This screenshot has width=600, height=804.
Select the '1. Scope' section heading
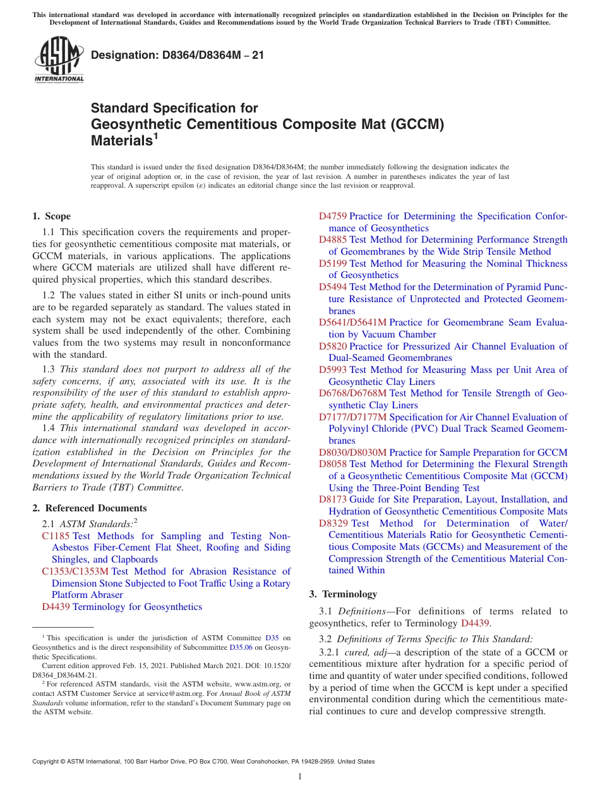[52, 216]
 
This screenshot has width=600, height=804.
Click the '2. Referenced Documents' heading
[90, 508]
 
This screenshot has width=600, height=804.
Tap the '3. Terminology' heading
[343, 594]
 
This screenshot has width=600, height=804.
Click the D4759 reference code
[333, 216]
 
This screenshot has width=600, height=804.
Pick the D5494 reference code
[333, 287]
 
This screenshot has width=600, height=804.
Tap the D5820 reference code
[333, 346]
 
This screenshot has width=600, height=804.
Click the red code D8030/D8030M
[352, 453]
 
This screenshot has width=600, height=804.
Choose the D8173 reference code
[333, 499]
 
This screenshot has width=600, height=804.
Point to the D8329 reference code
[333, 523]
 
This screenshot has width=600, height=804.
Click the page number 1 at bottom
[300, 777]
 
